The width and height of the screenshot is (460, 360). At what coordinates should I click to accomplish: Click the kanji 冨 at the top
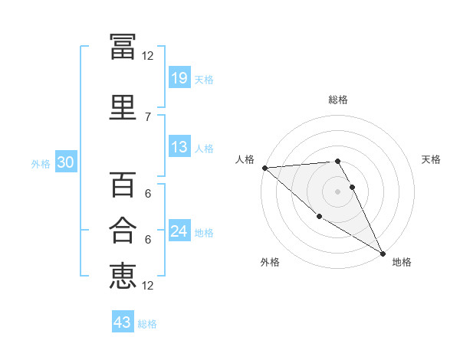pyautogui.click(x=123, y=47)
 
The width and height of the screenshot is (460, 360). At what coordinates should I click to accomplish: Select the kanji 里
pyautogui.click(x=123, y=107)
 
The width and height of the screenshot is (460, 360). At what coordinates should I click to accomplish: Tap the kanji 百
pyautogui.click(x=123, y=185)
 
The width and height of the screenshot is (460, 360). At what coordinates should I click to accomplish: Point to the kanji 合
pyautogui.click(x=123, y=230)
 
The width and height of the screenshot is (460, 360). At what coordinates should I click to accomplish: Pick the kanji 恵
pyautogui.click(x=123, y=276)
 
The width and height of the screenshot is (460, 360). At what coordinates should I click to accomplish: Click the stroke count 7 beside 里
pyautogui.click(x=148, y=117)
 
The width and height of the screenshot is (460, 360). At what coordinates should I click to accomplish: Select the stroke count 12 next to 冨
pyautogui.click(x=147, y=56)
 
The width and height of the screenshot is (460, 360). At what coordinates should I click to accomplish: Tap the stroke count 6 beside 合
pyautogui.click(x=148, y=240)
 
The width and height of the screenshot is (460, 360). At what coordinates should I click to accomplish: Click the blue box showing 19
pyautogui.click(x=179, y=77)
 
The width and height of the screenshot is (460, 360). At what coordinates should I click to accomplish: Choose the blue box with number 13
pyautogui.click(x=179, y=146)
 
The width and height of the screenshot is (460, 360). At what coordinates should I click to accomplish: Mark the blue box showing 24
pyautogui.click(x=179, y=230)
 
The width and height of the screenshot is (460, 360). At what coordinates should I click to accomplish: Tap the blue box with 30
pyautogui.click(x=66, y=162)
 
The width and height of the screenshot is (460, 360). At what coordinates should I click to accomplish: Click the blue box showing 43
pyautogui.click(x=123, y=321)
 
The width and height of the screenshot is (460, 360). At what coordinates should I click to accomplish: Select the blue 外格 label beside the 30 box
pyautogui.click(x=41, y=164)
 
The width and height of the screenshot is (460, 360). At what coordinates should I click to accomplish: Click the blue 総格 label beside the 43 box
pyautogui.click(x=147, y=324)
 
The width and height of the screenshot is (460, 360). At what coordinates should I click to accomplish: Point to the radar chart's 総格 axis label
pyautogui.click(x=338, y=100)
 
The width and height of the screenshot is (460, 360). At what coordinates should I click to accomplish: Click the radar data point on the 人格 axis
pyautogui.click(x=265, y=168)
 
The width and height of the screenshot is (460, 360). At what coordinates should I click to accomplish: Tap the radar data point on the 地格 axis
pyautogui.click(x=383, y=254)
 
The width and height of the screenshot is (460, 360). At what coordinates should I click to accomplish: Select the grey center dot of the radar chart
pyautogui.click(x=337, y=191)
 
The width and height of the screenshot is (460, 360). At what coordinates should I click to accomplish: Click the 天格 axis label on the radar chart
pyautogui.click(x=431, y=159)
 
